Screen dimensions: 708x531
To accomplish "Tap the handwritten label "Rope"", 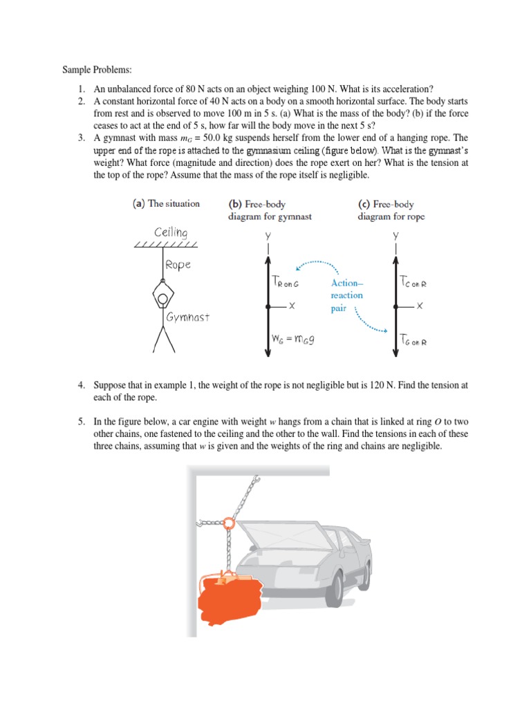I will pyautogui.click(x=178, y=265).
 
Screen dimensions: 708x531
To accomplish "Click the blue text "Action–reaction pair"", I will pyautogui.click(x=346, y=295).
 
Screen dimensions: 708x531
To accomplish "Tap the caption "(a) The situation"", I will pyautogui.click(x=166, y=203).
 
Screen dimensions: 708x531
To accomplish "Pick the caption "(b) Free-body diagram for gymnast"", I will pyautogui.click(x=270, y=210).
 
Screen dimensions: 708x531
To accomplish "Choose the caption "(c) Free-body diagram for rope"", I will pyautogui.click(x=391, y=210).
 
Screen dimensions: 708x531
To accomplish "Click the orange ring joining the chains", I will pyautogui.click(x=229, y=524).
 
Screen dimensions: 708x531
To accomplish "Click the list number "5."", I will pyautogui.click(x=81, y=421).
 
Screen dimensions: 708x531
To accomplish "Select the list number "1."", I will pyautogui.click(x=81, y=88).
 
